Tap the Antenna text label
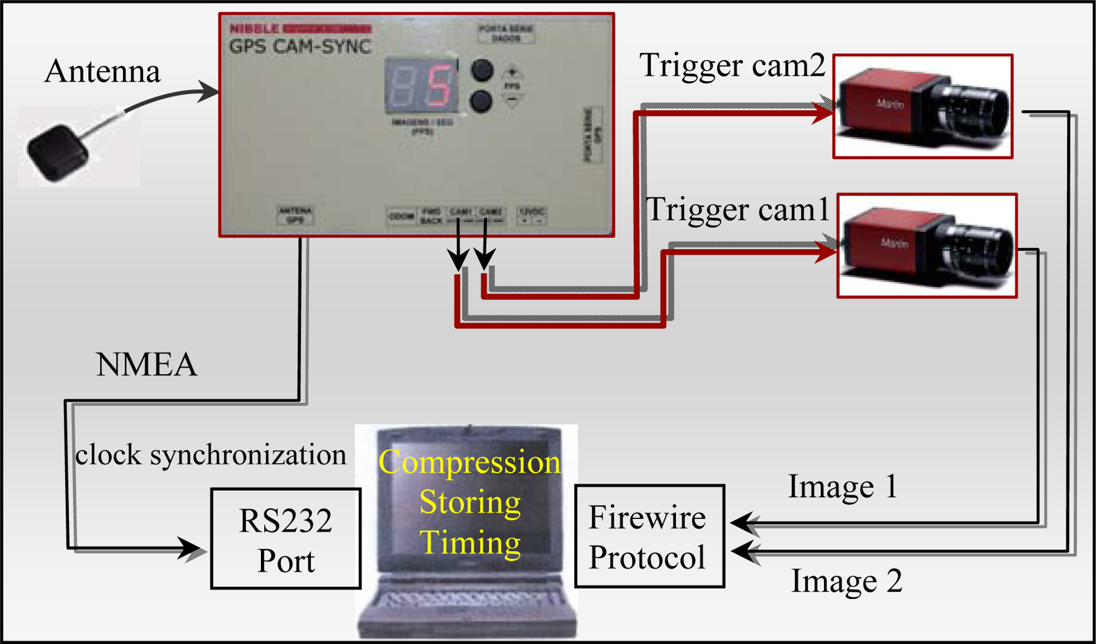coord(102,71)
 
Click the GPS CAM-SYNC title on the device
coord(300,46)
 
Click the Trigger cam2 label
coord(732,66)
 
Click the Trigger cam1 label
coord(737,210)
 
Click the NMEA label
coord(146,365)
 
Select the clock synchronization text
coord(211,455)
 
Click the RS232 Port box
coord(285,539)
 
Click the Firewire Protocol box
coord(648,536)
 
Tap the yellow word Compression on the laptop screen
coord(469,462)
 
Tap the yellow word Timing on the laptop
coord(470,542)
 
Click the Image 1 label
coord(842,487)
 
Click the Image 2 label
coord(846,581)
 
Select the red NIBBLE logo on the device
coord(255,29)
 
